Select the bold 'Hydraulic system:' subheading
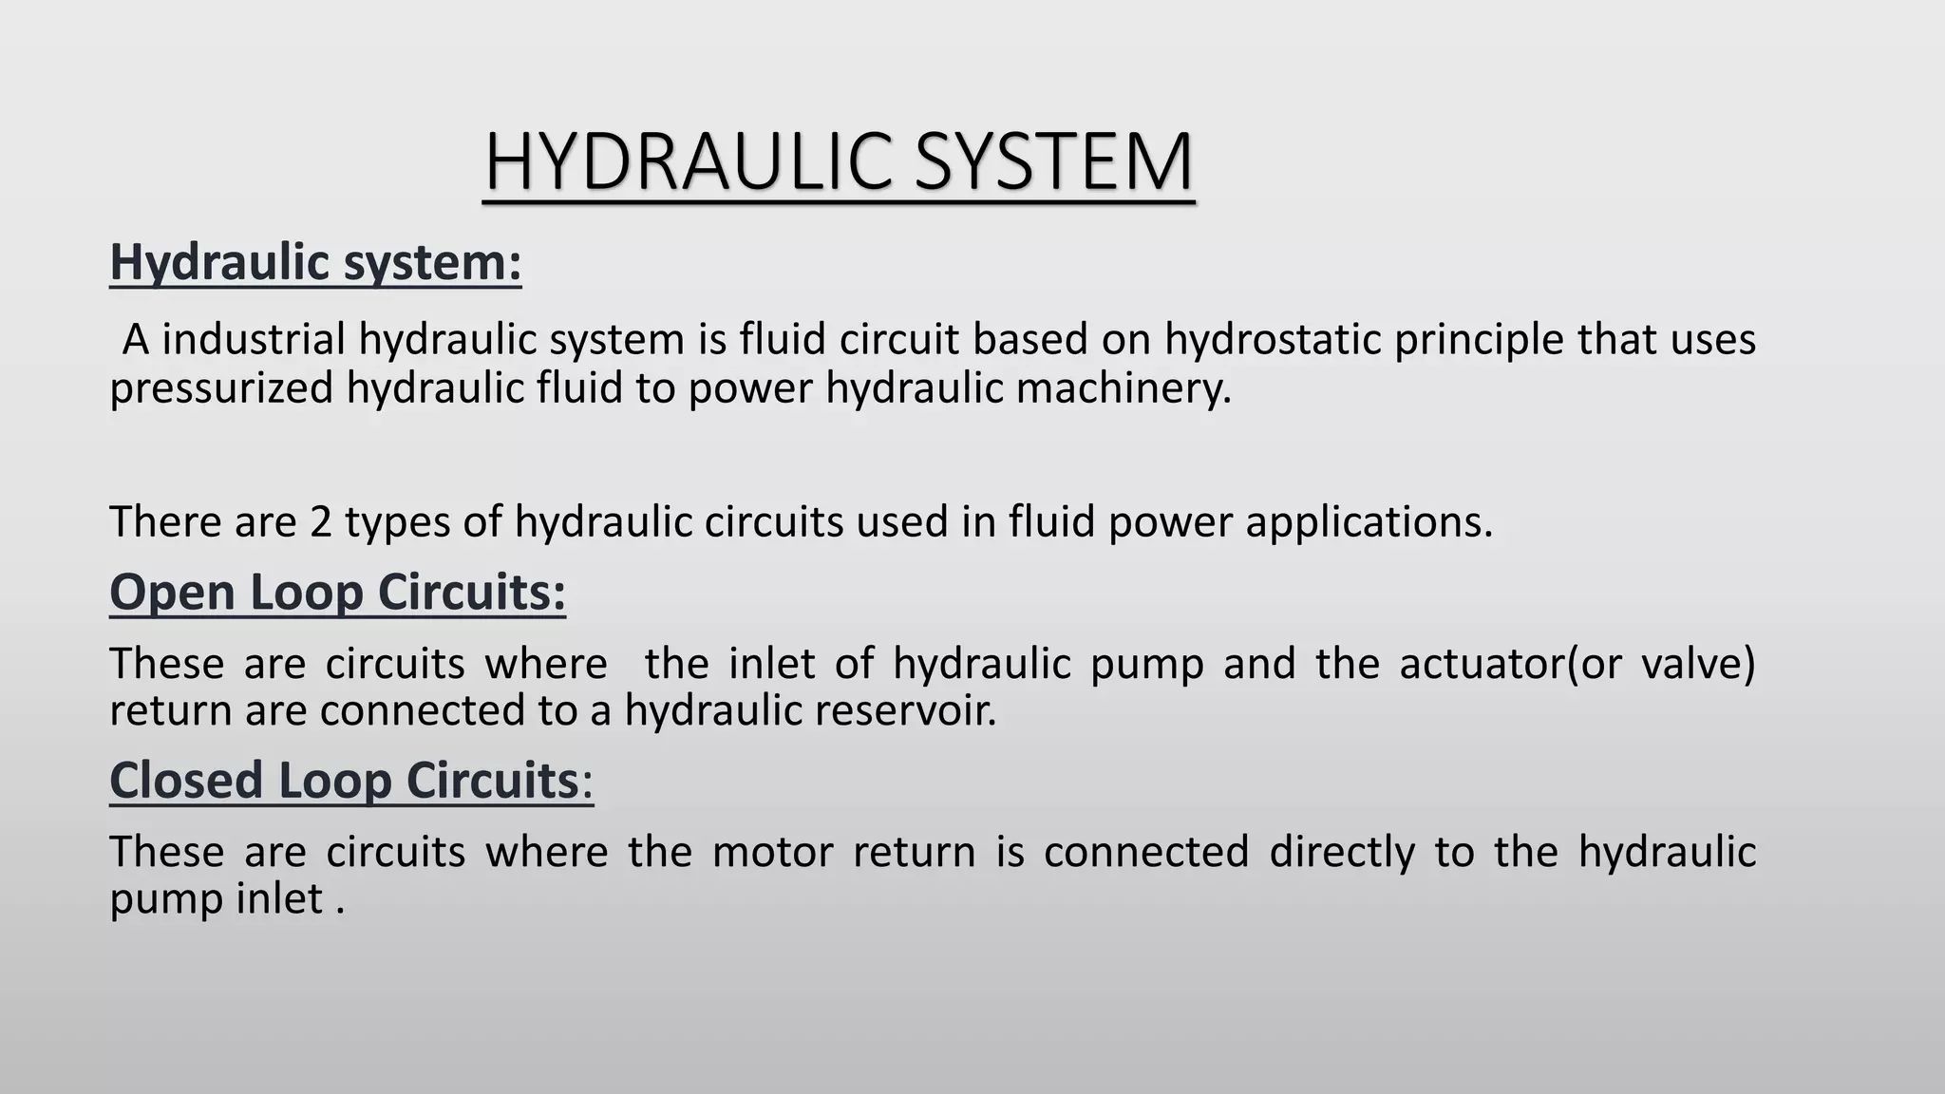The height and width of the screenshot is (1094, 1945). pos(315,262)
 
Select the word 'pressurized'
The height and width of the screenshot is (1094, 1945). pos(221,388)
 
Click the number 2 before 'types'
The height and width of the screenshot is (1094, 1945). pos(321,521)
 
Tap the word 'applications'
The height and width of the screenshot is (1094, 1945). pos(1369,522)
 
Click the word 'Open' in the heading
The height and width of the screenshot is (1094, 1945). pos(172,593)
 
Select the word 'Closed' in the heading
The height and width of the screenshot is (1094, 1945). pos(186,781)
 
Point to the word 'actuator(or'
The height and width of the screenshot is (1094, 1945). pos(1510,663)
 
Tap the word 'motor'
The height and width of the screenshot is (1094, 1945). pos(772,851)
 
